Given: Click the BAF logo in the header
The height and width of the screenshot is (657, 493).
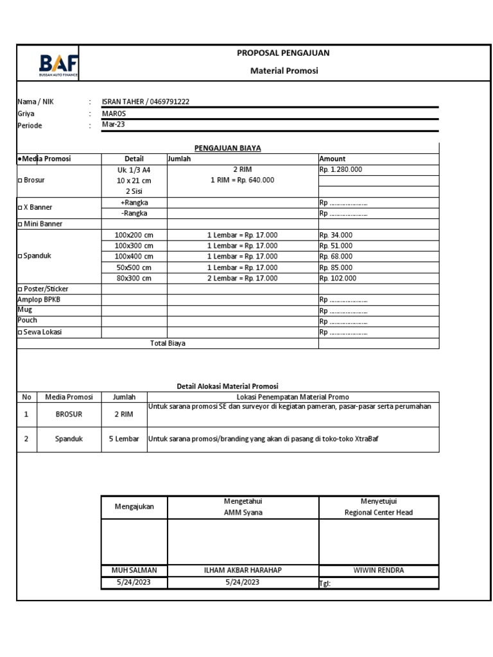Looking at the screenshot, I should tap(58, 65).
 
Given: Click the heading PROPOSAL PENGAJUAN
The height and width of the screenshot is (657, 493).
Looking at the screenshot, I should tap(283, 53).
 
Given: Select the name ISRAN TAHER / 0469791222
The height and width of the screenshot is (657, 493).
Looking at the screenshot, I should tap(146, 101).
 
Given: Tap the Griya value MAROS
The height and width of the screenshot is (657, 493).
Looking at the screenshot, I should tap(114, 113).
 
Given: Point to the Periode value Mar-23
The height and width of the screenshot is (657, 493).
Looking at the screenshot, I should tap(114, 124).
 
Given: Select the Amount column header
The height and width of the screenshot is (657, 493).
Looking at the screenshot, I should tap(332, 158).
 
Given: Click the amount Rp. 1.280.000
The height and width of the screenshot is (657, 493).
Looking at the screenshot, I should tap(340, 169).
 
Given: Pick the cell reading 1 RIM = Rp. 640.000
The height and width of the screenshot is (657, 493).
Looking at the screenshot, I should tap(242, 180).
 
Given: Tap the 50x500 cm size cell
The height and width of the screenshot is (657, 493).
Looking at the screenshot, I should tap(134, 268).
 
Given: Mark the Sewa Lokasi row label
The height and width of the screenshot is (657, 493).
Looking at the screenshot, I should tap(40, 332).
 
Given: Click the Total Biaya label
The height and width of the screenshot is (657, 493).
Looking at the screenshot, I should tap(168, 343).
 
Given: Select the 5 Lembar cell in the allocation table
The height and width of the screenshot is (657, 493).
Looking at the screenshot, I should tap(123, 439).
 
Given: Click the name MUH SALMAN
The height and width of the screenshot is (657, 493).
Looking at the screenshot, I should tap(134, 570).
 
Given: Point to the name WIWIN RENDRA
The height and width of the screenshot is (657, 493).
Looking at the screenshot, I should tap(378, 570).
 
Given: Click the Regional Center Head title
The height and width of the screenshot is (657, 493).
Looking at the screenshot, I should tap(378, 513).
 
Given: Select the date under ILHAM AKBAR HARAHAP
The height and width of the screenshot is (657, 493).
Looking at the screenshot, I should tap(242, 583).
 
